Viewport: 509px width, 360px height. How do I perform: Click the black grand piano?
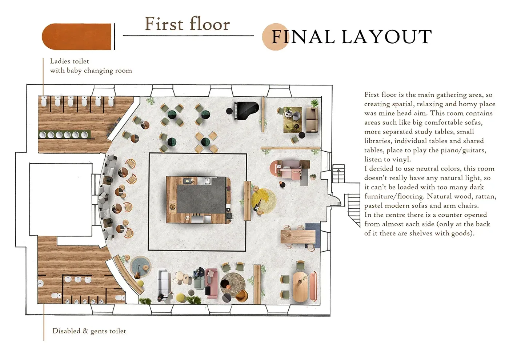click(x=247, y=111)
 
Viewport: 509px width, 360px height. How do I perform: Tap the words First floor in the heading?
click(x=188, y=24)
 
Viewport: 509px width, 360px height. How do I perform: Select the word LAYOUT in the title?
click(x=386, y=37)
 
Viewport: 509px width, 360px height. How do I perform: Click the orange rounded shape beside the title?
click(x=76, y=37)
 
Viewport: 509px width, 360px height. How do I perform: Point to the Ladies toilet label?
click(x=69, y=61)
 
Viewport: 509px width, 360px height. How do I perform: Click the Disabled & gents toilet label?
click(x=89, y=331)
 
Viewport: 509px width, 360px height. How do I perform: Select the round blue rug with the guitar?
click(x=140, y=267)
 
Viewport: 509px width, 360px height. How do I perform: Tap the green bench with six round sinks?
click(x=65, y=135)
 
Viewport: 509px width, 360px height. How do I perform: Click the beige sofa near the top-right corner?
click(x=312, y=120)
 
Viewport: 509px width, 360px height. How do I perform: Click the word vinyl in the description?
click(x=402, y=159)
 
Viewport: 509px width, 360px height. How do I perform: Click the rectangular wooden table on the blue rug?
click(x=298, y=237)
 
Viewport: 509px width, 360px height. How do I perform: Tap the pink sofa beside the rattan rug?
click(x=212, y=283)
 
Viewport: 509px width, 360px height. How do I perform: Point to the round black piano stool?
click(x=229, y=111)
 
